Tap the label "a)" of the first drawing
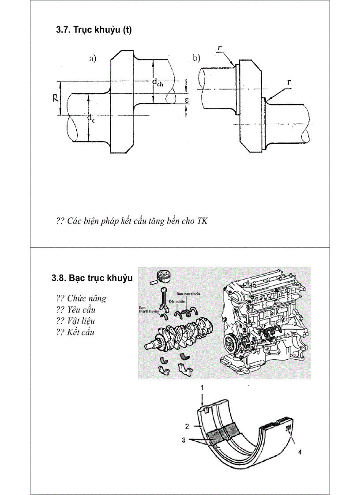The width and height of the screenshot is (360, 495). click(x=93, y=59)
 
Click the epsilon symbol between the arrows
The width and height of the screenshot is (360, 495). click(x=187, y=100)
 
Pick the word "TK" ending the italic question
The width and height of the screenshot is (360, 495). click(x=202, y=221)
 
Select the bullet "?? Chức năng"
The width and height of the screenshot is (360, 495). click(x=81, y=298)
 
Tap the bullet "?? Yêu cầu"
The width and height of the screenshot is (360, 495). click(x=76, y=310)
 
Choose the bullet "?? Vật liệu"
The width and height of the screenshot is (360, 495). click(x=75, y=321)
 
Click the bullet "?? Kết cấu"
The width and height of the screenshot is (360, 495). click(x=75, y=332)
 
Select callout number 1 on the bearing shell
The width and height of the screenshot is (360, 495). click(x=202, y=388)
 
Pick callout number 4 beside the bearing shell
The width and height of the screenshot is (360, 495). click(x=300, y=451)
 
